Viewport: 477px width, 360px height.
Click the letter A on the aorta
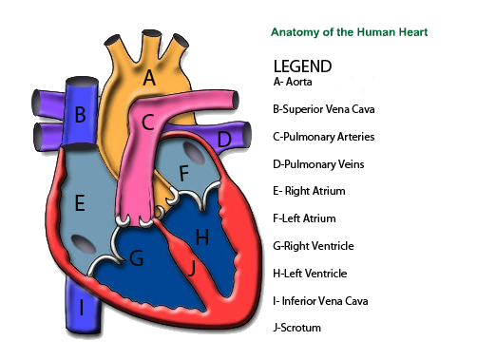pos(149,79)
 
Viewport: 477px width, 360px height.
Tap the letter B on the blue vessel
pos(81,115)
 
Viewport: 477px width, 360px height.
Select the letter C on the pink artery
pos(147,123)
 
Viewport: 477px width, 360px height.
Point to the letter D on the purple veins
pos(223,141)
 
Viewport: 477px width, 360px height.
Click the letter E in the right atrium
pos(80,202)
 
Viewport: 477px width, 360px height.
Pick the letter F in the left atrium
pos(184,174)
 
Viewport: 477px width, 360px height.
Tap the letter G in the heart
pos(137,257)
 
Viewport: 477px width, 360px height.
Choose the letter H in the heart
pos(201,236)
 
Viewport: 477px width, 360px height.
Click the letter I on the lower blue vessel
pos(83,307)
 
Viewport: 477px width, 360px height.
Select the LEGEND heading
pos(302,66)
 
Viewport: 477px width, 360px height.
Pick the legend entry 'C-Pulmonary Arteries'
pos(323,137)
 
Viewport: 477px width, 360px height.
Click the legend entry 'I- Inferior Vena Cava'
pos(321,301)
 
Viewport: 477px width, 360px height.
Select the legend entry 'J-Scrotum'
pos(296,329)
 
